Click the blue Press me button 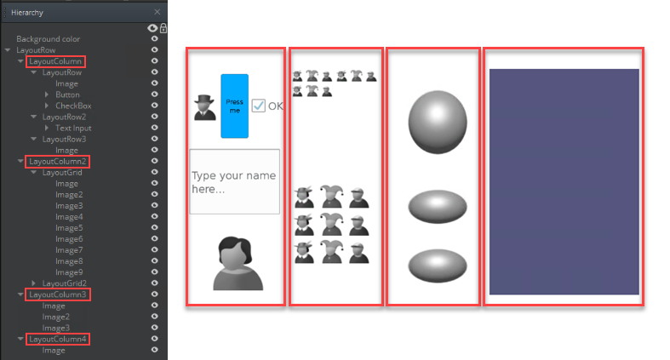pos(235,106)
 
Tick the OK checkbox pos(259,106)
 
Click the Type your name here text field pos(235,181)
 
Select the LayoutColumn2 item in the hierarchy pos(58,162)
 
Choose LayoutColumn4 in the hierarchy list pos(58,339)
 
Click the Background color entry pos(48,39)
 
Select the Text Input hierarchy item pos(73,129)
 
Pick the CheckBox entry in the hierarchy pos(73,106)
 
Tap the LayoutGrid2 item pos(64,283)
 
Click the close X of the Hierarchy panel pos(157,12)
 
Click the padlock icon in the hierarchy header pos(163,28)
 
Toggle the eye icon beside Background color pos(155,39)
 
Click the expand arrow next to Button pos(47,94)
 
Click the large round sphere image pos(438,123)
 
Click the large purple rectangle pos(564,181)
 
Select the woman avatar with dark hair pos(238,264)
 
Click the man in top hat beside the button pos(204,107)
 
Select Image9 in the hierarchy pos(69,272)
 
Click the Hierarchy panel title pos(27,13)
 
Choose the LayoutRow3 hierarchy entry pos(64,140)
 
